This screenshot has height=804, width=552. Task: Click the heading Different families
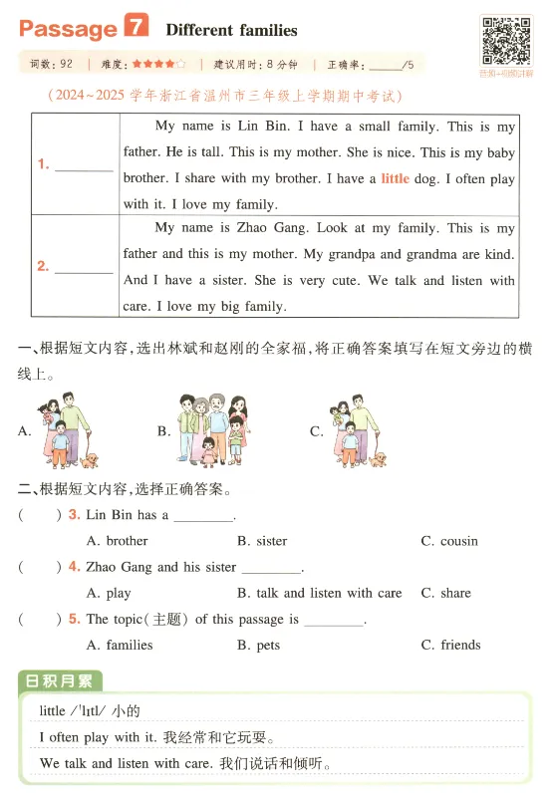231,30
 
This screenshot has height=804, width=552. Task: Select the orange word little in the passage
396,179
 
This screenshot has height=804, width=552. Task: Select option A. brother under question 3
117,541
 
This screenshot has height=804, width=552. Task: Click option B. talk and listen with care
319,593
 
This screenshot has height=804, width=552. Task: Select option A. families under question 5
120,645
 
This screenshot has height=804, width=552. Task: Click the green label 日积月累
60,682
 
